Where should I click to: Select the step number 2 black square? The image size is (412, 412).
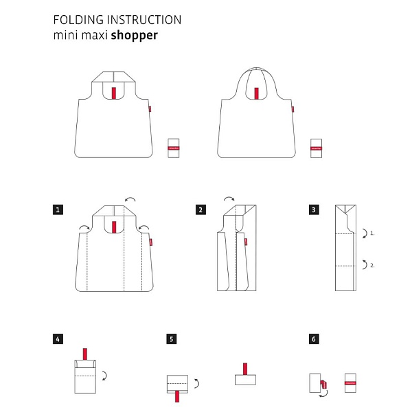pos(201,209)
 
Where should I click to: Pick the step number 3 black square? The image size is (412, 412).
pos(314,209)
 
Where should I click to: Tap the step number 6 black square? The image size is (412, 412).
pos(314,339)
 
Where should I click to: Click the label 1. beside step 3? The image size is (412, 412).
pos(372,234)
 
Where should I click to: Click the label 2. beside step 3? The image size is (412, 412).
pos(372,264)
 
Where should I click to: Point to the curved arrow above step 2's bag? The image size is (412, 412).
pos(229,200)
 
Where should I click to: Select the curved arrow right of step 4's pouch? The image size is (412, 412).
pos(103,376)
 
